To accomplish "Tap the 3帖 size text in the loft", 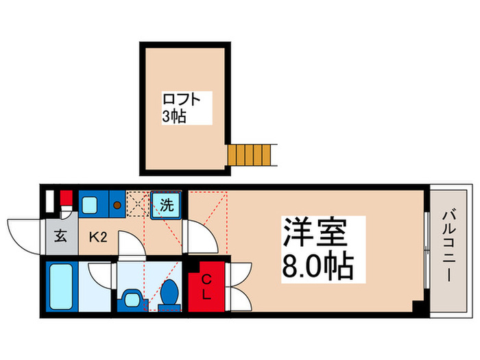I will click(174, 117).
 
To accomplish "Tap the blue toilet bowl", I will click(169, 294).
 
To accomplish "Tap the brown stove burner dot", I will click(117, 204).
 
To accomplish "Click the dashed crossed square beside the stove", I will click(136, 204).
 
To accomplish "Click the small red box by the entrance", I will click(66, 200).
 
